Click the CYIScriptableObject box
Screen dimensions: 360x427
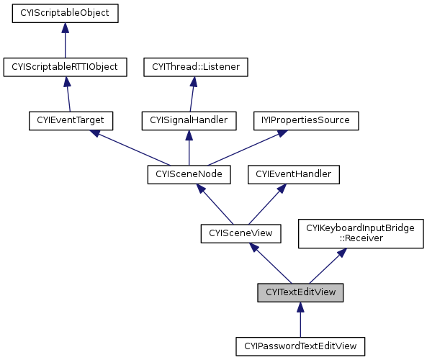point(65,13)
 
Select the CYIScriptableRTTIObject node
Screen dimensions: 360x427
point(65,67)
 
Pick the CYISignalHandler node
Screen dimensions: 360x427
point(189,120)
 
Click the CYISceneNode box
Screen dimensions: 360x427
point(189,174)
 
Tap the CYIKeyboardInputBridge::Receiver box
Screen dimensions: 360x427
point(361,234)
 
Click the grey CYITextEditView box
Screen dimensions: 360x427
point(300,292)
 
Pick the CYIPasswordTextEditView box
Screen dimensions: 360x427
point(300,346)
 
